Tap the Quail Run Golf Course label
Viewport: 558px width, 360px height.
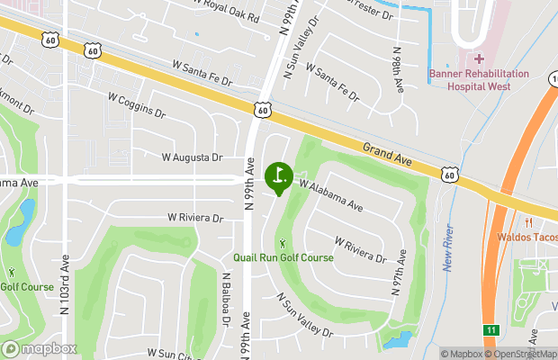[283, 257]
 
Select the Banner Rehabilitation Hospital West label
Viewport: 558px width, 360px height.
[470, 80]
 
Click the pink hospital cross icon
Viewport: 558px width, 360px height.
[479, 58]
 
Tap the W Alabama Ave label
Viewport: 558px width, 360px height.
[331, 194]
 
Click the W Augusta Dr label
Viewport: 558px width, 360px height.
[192, 157]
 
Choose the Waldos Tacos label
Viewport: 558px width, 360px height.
[526, 238]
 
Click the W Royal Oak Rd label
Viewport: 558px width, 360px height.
[226, 11]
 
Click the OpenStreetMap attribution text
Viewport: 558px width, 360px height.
[523, 354]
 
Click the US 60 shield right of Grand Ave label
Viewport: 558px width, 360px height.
[449, 173]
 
